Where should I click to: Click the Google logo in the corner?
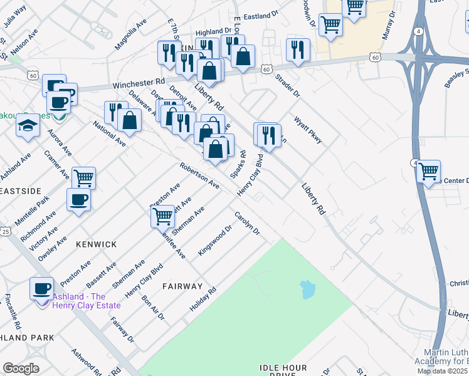[21, 368]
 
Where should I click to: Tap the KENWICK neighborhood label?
[96, 243]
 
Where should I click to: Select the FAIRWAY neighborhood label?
[182, 286]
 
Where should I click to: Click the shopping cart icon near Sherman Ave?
[162, 216]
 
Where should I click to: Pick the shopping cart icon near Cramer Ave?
[83, 177]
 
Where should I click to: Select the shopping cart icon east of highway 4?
[428, 170]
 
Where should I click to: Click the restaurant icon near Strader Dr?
[297, 50]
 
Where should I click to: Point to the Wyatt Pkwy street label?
[308, 130]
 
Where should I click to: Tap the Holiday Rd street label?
[203, 300]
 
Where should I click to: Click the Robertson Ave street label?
[199, 176]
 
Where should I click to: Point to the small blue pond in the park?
[307, 289]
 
